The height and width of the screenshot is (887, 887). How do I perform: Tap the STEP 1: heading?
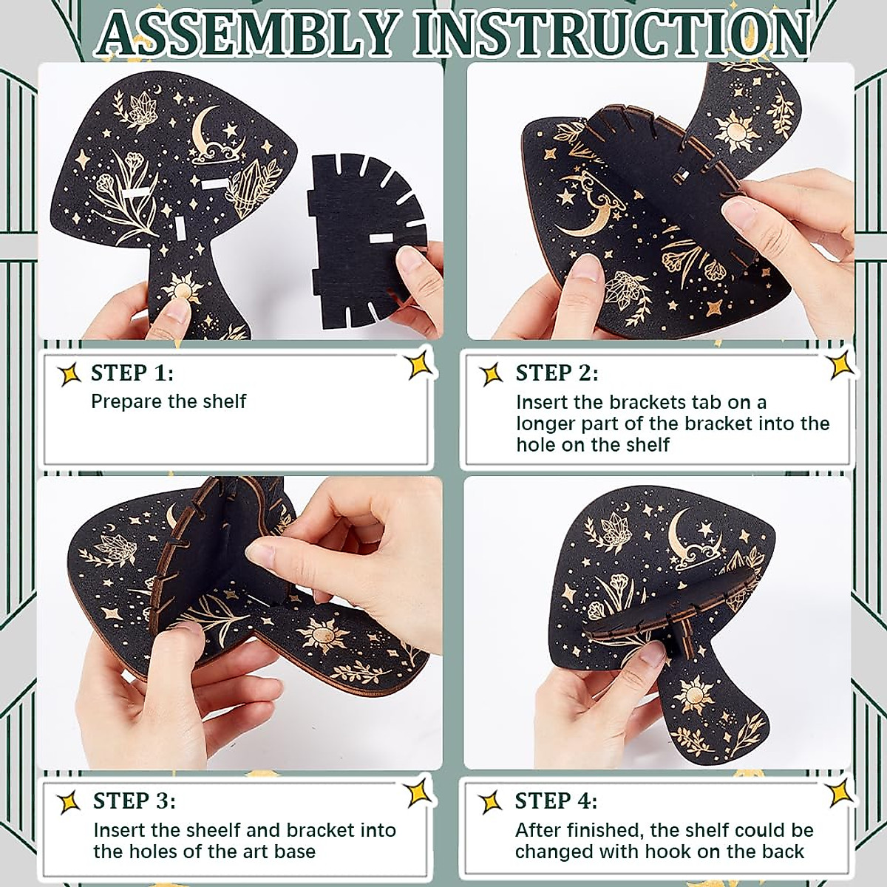[132, 373]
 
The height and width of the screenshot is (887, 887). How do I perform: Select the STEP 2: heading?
[557, 373]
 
